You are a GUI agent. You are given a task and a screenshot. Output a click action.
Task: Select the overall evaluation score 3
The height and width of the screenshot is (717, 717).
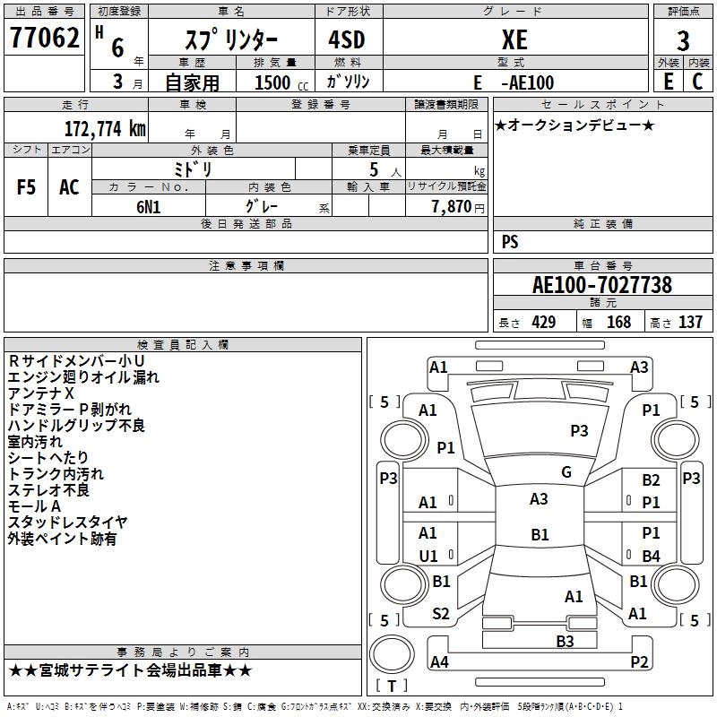[683, 40]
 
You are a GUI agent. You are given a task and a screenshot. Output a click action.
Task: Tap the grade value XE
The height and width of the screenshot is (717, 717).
[514, 40]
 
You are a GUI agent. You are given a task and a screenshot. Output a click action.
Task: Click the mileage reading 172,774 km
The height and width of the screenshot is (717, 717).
[105, 128]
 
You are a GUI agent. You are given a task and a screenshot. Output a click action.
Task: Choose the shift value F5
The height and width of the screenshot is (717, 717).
[27, 187]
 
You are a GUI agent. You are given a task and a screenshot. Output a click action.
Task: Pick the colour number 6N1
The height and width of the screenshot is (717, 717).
[149, 206]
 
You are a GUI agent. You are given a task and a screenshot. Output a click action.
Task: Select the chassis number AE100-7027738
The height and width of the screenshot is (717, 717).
[602, 285]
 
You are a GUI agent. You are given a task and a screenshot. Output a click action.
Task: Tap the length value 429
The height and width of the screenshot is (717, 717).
[543, 323]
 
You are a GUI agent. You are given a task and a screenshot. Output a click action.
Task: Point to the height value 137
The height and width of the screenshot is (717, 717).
[689, 323]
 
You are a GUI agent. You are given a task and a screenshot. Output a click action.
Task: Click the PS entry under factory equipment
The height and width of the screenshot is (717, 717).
[510, 242]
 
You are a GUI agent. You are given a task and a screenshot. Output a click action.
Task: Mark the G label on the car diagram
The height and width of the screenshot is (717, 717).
[566, 472]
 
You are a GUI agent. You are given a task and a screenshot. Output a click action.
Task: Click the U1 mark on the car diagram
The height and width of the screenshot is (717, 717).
[428, 556]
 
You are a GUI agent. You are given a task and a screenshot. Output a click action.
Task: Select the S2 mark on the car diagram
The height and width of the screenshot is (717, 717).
[441, 614]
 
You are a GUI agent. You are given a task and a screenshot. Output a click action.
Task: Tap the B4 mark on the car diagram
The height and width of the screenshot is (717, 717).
[651, 556]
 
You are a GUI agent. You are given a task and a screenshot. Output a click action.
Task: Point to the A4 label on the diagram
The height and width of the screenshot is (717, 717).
[439, 662]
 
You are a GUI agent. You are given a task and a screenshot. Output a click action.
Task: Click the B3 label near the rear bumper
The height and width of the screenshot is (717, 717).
[565, 641]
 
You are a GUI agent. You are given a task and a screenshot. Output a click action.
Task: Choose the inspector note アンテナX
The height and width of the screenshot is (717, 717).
[41, 393]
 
